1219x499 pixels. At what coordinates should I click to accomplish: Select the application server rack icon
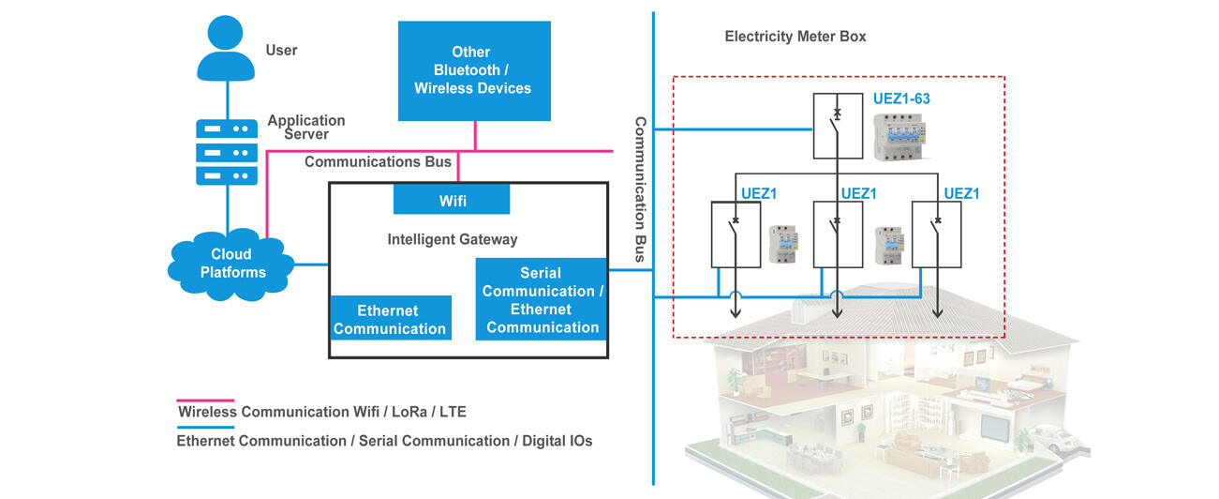(x=226, y=151)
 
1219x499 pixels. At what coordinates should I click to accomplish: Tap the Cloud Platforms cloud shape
(x=230, y=264)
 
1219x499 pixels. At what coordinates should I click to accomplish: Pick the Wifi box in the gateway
(x=452, y=200)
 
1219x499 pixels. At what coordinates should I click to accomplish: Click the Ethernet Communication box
(x=390, y=319)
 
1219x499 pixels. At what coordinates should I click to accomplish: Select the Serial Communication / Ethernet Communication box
(x=543, y=300)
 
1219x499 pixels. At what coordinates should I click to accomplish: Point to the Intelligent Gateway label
(x=452, y=240)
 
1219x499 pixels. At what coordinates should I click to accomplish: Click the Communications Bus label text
(x=378, y=161)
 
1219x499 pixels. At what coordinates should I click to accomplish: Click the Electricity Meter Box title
(x=795, y=37)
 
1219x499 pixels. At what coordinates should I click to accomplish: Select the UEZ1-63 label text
(x=900, y=98)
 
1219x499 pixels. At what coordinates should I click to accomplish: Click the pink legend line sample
(x=205, y=400)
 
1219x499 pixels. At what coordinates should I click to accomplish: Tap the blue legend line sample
(x=205, y=427)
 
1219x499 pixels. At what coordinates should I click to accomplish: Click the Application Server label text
(x=305, y=127)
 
